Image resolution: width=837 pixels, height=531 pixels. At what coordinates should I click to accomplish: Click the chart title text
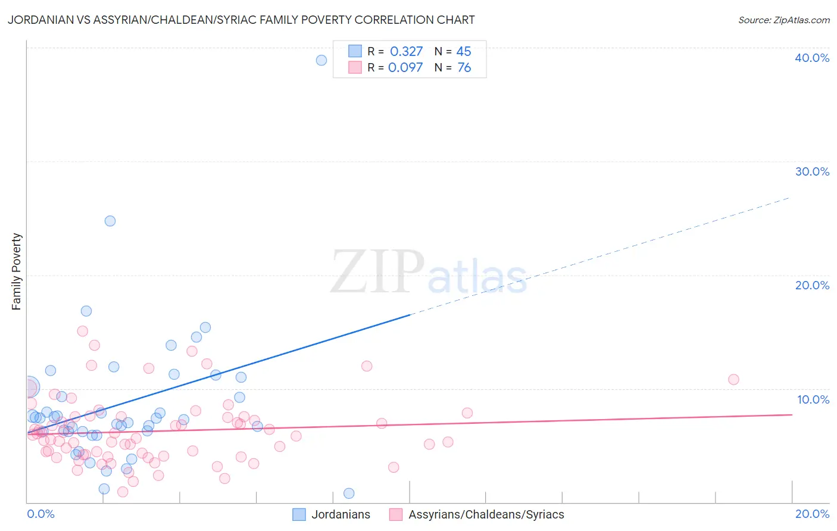click(241, 20)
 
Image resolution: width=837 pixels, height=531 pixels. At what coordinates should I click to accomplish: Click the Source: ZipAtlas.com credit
click(783, 20)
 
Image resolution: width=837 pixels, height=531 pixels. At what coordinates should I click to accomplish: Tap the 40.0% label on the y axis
click(812, 58)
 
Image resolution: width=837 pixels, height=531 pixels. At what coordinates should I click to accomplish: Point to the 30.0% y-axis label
click(812, 171)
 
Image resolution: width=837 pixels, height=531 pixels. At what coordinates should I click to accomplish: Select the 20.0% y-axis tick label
click(812, 285)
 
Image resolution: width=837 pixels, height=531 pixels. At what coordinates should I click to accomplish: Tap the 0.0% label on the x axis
click(40, 514)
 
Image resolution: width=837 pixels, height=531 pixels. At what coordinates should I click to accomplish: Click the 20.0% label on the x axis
click(812, 514)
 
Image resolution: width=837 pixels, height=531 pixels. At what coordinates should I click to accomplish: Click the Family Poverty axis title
click(17, 271)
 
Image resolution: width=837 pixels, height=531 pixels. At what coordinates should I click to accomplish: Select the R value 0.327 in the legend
click(406, 52)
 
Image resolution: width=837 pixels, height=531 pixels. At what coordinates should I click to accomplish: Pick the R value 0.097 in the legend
click(405, 68)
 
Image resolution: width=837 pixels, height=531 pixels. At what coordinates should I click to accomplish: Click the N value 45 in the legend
click(464, 52)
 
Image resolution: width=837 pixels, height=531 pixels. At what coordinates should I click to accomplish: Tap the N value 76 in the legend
click(464, 68)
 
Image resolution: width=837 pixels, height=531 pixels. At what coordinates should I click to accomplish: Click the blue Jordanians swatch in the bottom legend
click(299, 514)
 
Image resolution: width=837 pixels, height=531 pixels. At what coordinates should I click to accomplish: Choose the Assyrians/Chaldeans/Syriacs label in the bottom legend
click(486, 514)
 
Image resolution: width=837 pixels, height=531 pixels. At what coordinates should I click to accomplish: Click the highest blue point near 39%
click(321, 60)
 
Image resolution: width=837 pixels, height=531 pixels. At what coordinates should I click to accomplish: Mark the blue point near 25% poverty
click(110, 221)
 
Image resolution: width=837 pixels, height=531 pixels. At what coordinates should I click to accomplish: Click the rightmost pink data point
click(733, 380)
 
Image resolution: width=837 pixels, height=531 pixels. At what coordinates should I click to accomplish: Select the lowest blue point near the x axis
click(349, 493)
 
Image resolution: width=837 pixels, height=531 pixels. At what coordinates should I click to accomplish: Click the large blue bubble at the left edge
click(29, 388)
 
